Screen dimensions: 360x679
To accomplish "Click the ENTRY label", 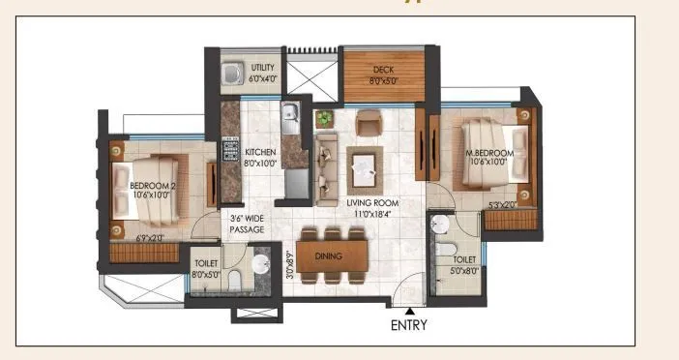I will pos(409,325).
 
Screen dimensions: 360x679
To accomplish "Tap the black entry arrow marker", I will pos(410,310).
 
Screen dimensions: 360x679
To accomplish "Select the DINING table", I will pos(334,255).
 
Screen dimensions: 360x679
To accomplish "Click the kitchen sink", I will pos(290,118).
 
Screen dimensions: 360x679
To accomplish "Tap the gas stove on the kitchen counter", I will pos(231,152).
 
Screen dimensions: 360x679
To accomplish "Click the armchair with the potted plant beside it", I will pos(369,123).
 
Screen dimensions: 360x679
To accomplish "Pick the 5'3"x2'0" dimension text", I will pos(502,204).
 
